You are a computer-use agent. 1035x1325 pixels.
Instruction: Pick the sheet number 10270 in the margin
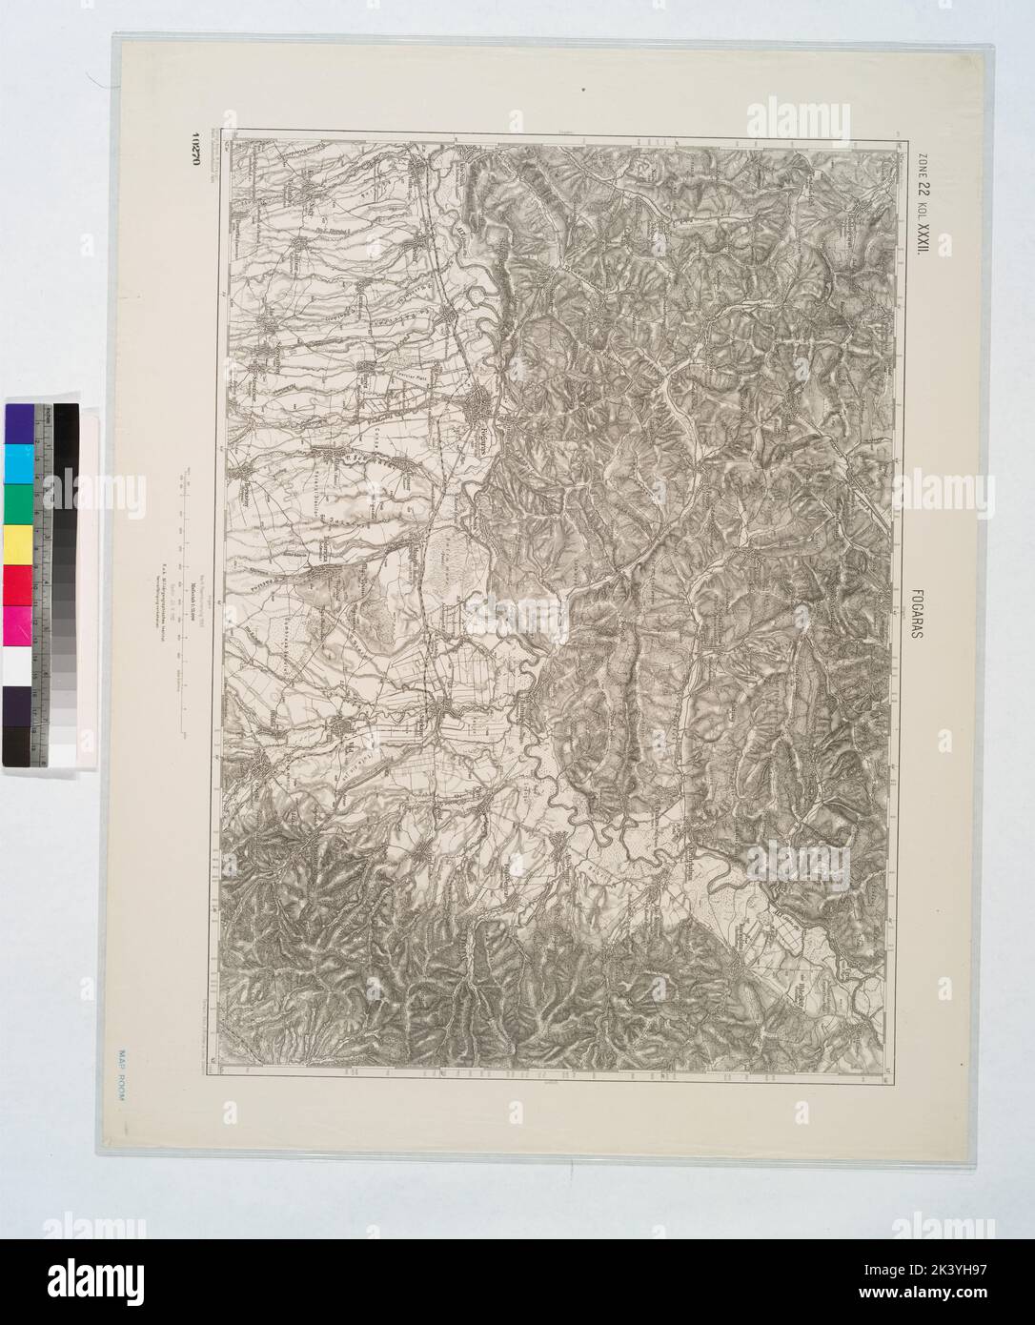(200, 153)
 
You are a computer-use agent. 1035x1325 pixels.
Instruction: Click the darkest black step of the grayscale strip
(65, 419)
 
